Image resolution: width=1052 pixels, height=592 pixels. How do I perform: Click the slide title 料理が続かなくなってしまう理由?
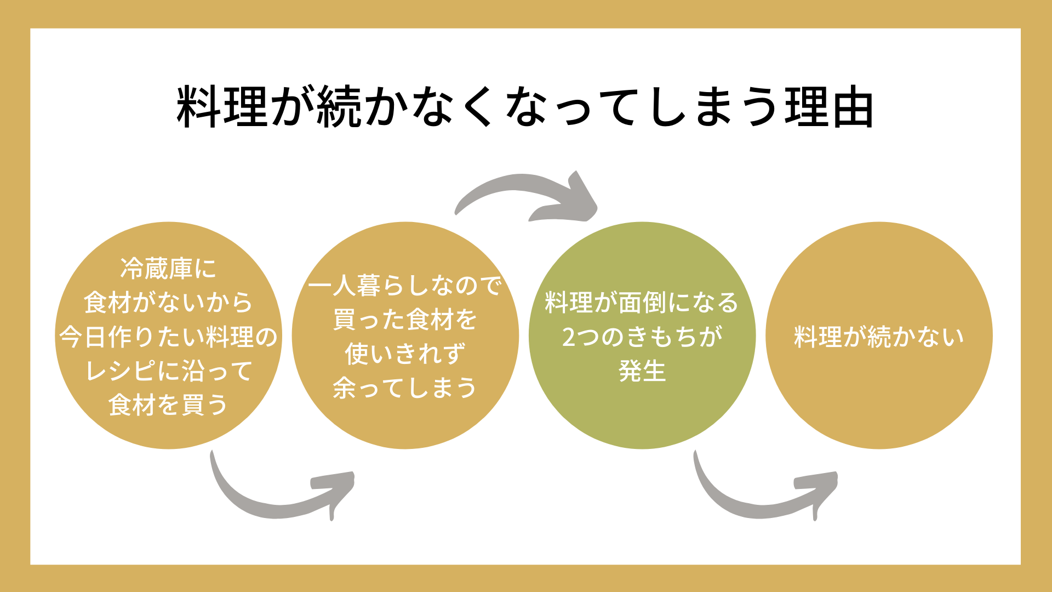[525, 107]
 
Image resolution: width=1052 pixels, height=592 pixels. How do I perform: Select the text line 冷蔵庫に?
[168, 269]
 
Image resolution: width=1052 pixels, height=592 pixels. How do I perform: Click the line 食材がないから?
[168, 303]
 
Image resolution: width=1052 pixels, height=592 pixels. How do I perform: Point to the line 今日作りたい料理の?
[168, 337]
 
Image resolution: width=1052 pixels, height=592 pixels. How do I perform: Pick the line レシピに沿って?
[168, 371]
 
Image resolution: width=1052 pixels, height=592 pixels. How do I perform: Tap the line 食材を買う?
[168, 405]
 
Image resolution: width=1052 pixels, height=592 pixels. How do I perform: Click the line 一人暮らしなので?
[405, 286]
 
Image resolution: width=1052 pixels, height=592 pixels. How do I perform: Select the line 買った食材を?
[405, 320]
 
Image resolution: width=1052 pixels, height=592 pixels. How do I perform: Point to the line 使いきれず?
[405, 354]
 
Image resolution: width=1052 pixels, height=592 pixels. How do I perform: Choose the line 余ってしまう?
[405, 388]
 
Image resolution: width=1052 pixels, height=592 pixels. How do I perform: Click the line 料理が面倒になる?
[642, 303]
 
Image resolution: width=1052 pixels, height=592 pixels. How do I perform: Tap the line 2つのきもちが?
[642, 337]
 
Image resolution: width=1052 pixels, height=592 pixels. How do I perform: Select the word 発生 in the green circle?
[642, 371]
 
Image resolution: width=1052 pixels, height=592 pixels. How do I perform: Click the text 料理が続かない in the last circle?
[879, 337]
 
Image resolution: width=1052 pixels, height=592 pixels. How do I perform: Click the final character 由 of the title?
[851, 107]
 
